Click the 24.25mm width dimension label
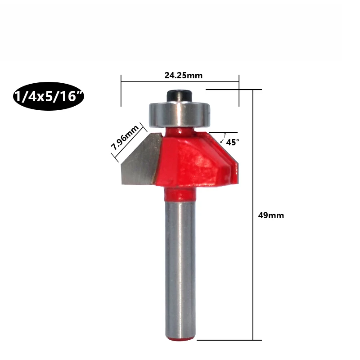(184, 75)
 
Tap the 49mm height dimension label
(271, 216)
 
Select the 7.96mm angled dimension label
(125, 137)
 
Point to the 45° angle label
(233, 142)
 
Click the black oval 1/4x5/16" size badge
(49, 96)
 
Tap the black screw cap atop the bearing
(179, 96)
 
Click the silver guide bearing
(180, 115)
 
